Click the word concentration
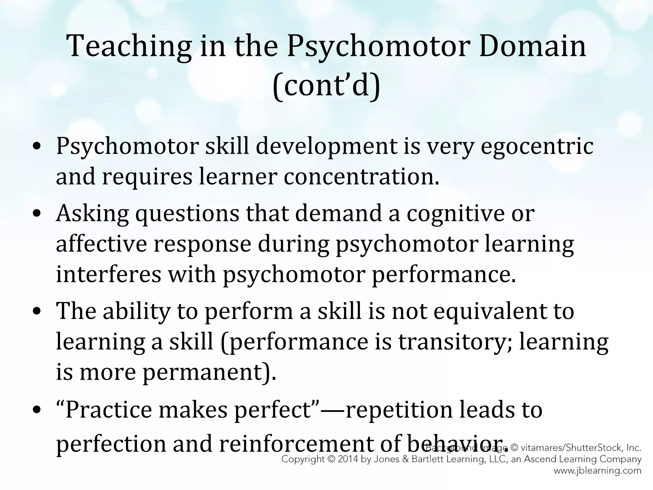(361, 177)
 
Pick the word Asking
(92, 214)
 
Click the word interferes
(108, 274)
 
